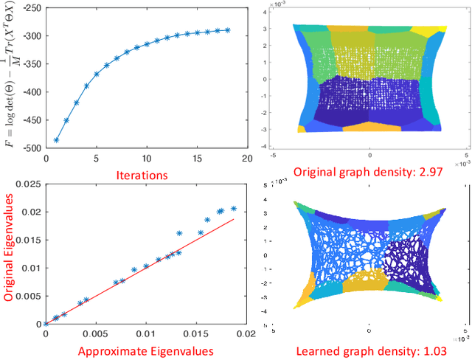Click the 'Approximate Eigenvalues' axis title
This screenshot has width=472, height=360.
coord(146,352)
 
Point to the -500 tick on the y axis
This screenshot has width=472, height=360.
coord(31,148)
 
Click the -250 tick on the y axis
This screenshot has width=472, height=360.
coord(31,7)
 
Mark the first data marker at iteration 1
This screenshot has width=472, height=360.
coord(57,139)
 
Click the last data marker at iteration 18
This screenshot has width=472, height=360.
coord(227,30)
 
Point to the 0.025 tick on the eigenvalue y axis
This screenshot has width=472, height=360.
coord(28,183)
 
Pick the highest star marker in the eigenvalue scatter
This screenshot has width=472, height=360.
coord(234,209)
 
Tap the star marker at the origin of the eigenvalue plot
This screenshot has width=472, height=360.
coord(46,323)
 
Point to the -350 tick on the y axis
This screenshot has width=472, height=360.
coord(31,63)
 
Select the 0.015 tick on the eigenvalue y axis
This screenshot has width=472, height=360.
coord(28,239)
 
